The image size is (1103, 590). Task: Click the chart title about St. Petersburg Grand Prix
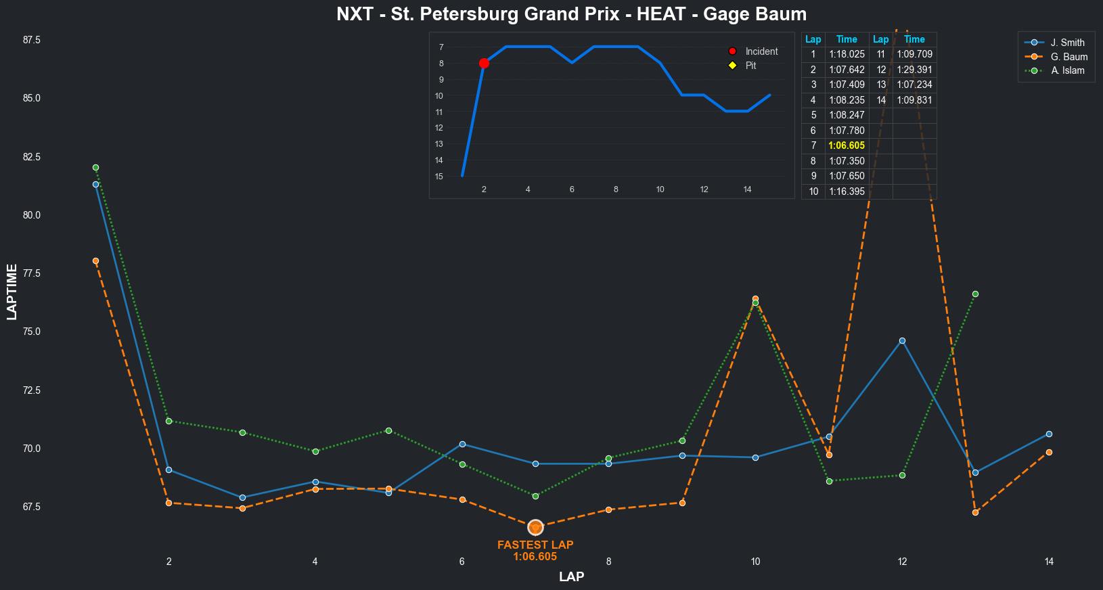click(571, 14)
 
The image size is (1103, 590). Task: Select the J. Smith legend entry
click(1067, 43)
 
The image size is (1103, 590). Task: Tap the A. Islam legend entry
click(1067, 70)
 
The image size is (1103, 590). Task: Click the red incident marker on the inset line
click(484, 64)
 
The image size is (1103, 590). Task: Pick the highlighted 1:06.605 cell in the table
click(847, 145)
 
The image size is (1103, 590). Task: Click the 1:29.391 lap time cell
click(914, 70)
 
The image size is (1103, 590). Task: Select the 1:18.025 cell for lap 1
click(847, 54)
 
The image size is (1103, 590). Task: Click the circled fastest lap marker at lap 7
click(535, 527)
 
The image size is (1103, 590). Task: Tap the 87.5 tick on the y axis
click(32, 40)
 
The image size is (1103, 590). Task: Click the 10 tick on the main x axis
click(755, 562)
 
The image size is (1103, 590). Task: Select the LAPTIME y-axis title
click(12, 292)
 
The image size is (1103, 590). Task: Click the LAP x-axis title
click(571, 577)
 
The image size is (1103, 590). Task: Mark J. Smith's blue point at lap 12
click(902, 341)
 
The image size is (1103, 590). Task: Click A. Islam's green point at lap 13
click(975, 294)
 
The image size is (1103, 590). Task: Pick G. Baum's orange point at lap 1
click(95, 261)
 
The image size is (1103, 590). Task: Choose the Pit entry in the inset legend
click(750, 66)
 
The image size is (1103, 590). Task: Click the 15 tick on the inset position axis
click(439, 177)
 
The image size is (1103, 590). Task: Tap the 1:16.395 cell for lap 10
click(847, 191)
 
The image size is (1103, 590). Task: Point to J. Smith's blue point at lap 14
click(1049, 434)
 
